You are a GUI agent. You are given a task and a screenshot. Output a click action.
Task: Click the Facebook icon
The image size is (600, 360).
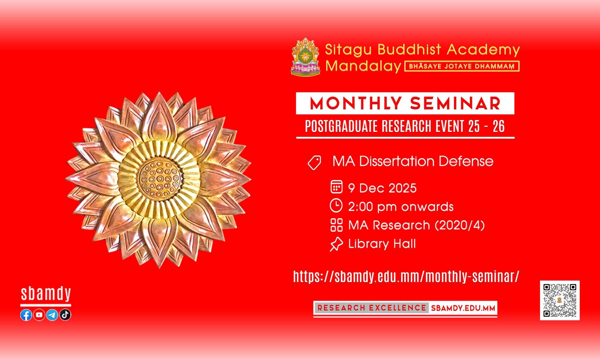pyautogui.click(x=26, y=315)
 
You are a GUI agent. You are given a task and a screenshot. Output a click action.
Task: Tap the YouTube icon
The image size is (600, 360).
pyautogui.click(x=39, y=315)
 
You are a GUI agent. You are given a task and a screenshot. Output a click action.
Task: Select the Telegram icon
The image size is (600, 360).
pyautogui.click(x=52, y=315)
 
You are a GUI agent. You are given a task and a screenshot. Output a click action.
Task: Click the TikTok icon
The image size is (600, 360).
pyautogui.click(x=65, y=315)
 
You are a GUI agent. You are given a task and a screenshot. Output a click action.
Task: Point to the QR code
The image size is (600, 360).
pyautogui.click(x=560, y=300)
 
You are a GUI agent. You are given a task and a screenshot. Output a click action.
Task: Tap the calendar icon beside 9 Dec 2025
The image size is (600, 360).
pyautogui.click(x=336, y=187)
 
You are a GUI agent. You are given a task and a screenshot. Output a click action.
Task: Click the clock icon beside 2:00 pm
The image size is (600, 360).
pyautogui.click(x=336, y=205)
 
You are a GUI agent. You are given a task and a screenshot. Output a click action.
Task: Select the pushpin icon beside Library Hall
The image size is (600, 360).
pyautogui.click(x=336, y=244)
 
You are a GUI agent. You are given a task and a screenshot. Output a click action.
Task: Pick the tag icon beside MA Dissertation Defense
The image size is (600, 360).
pyautogui.click(x=314, y=163)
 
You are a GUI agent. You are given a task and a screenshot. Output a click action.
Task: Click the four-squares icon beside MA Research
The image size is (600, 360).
pyautogui.click(x=336, y=225)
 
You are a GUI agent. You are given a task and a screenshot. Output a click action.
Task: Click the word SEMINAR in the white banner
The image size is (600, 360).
pyautogui.click(x=455, y=104)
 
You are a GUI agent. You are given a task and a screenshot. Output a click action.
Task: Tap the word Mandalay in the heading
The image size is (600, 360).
pyautogui.click(x=363, y=66)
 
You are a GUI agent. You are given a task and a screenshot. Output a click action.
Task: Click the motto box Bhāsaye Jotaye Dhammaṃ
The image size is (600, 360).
pyautogui.click(x=462, y=66)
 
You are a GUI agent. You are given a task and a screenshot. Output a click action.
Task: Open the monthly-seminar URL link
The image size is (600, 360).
pyautogui.click(x=406, y=277)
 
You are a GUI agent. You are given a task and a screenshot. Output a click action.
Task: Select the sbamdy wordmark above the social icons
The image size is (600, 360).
pyautogui.click(x=46, y=294)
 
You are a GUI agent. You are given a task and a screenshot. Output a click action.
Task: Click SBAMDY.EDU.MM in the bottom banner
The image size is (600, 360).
pyautogui.click(x=463, y=308)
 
